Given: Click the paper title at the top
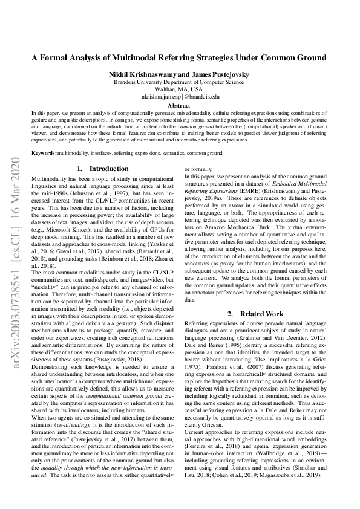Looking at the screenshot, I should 179,58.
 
